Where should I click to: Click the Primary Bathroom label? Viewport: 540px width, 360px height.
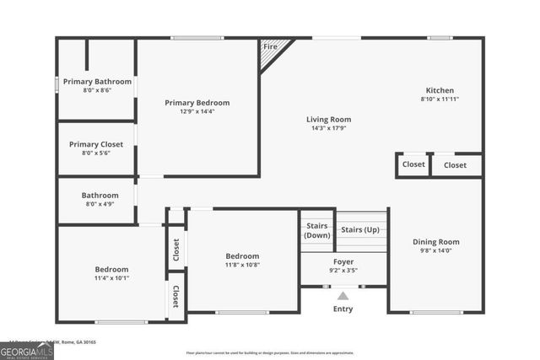(96, 82)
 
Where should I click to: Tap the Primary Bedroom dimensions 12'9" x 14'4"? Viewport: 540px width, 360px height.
(197, 111)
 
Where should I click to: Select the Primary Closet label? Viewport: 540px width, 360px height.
(96, 144)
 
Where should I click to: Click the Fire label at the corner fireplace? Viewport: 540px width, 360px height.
(270, 47)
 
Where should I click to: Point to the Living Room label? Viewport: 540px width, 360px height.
(328, 120)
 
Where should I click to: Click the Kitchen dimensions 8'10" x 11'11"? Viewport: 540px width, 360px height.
(440, 99)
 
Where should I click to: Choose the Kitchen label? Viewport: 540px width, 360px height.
(440, 90)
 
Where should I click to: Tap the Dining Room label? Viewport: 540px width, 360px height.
(436, 242)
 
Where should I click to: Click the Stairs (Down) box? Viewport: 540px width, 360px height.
(316, 231)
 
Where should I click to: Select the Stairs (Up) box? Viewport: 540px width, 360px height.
(359, 229)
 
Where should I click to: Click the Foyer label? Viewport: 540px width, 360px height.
(343, 261)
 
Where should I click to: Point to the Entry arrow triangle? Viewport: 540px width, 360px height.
(343, 296)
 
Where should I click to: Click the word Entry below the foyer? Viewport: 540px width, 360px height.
(343, 309)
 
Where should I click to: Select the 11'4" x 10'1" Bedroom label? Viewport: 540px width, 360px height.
(111, 270)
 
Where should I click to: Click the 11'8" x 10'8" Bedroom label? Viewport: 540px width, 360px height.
(242, 256)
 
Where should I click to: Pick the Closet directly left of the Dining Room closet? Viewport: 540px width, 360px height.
(413, 164)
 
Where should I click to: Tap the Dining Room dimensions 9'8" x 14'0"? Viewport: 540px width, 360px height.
(436, 251)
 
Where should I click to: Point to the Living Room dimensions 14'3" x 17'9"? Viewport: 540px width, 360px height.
(328, 129)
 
